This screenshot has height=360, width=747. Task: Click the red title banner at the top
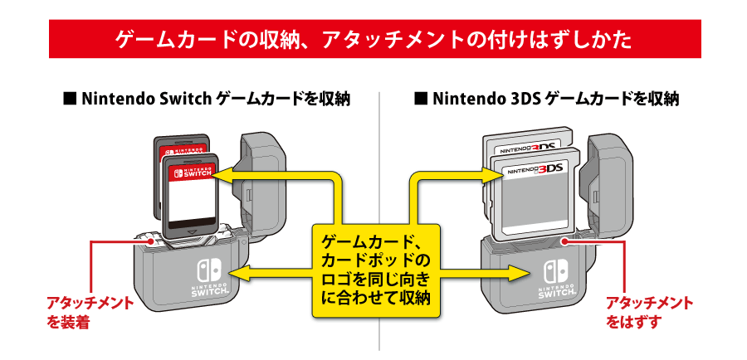tap(373, 40)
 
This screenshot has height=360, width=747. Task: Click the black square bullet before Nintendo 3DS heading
tap(421, 100)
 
